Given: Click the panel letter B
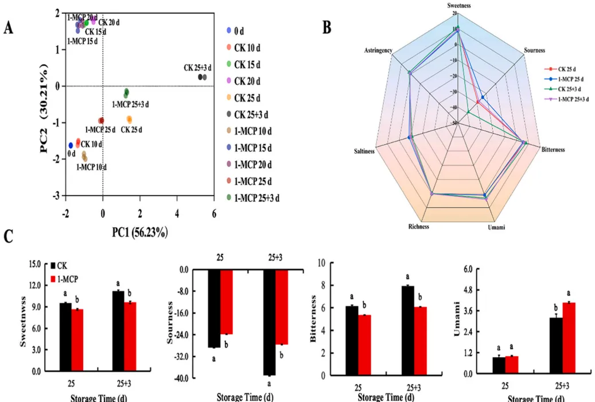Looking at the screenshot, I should point(326,27).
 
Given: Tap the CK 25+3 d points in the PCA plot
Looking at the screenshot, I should point(202,77).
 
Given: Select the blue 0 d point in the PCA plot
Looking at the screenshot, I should point(71,145).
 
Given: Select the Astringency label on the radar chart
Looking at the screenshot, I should point(379,51).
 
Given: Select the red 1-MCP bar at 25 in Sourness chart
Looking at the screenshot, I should point(227,302).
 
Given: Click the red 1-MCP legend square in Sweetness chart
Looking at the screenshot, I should point(54,279).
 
